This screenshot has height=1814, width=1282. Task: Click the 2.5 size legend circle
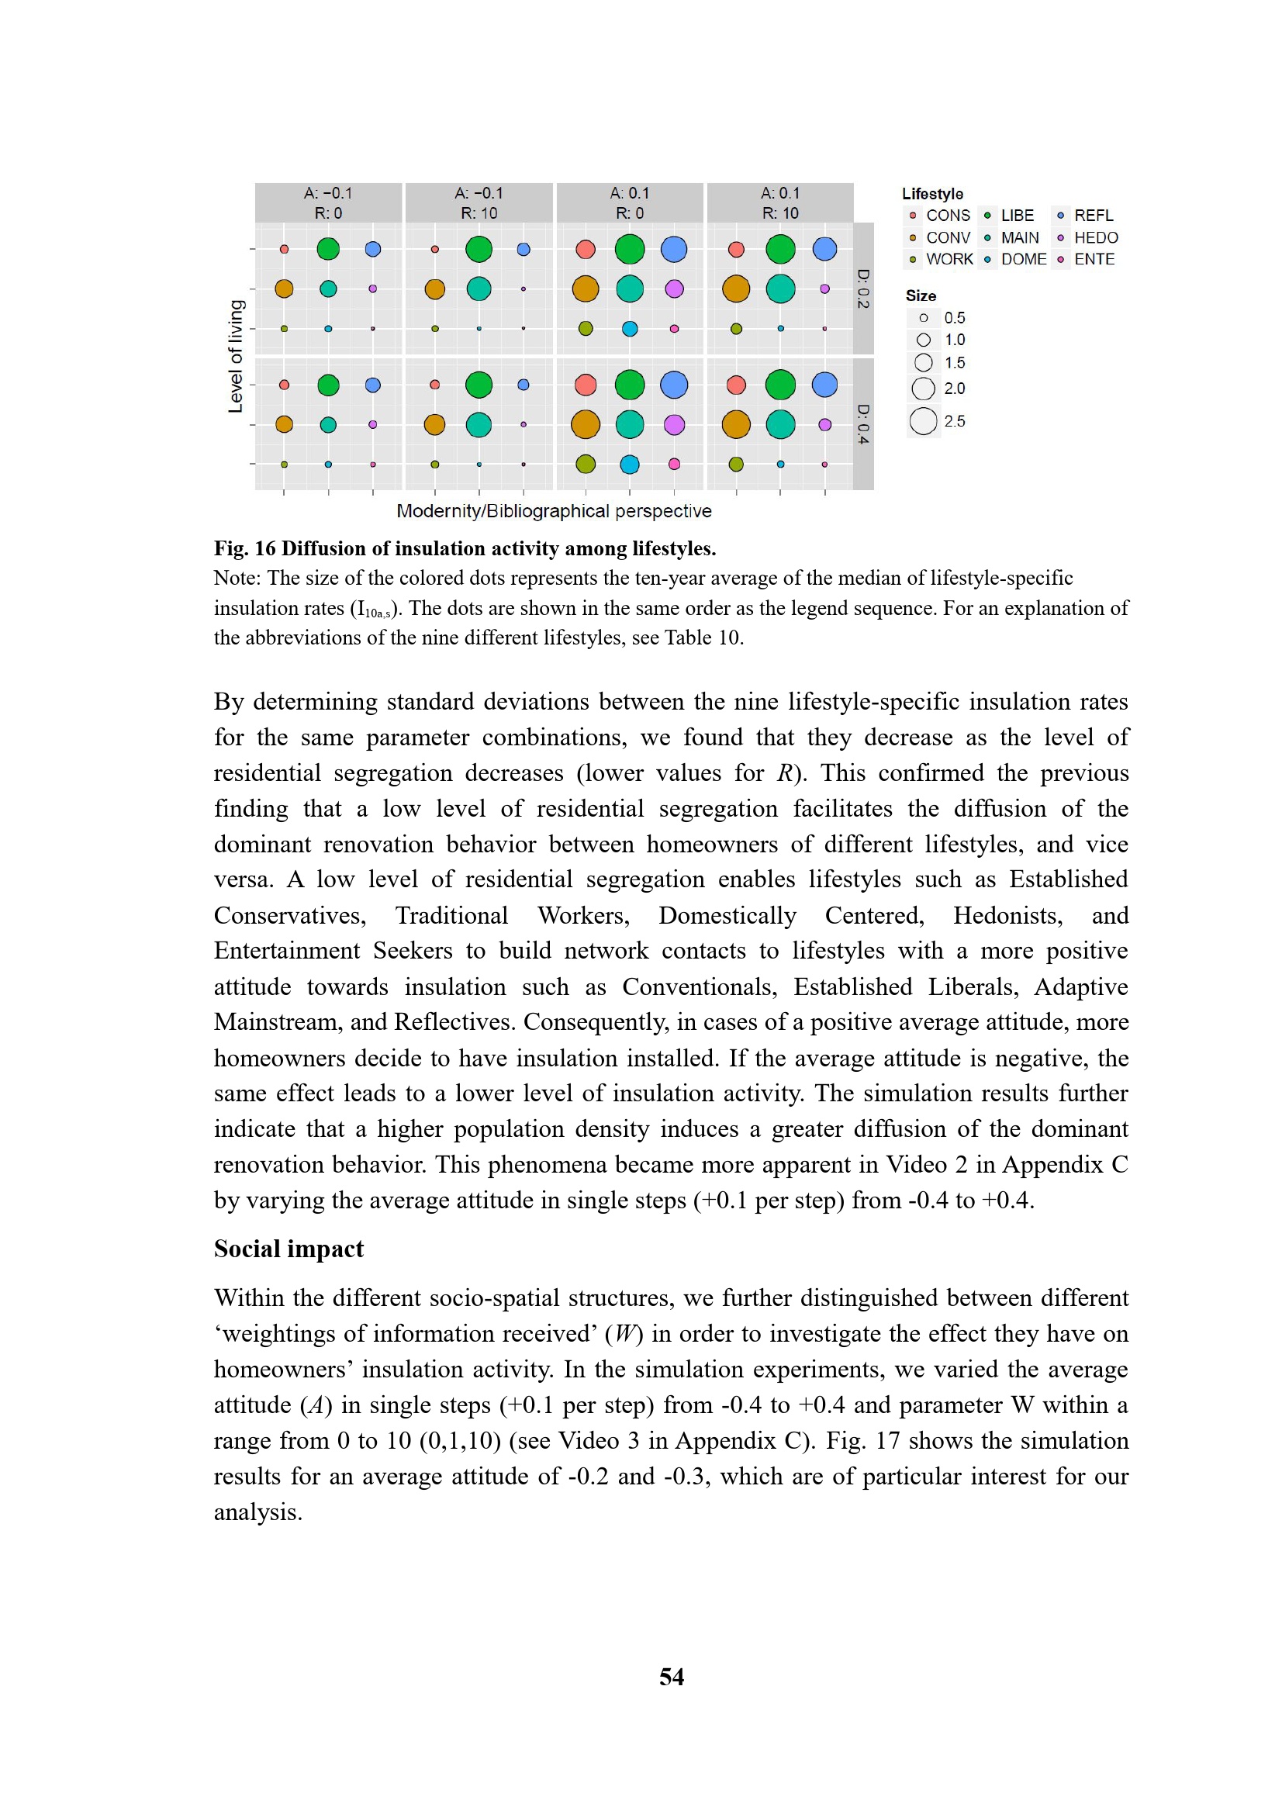click(x=923, y=421)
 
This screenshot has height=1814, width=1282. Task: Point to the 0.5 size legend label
click(x=954, y=318)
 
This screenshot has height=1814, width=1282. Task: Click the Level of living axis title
click(x=236, y=356)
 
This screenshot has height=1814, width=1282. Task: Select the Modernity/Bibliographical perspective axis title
click(x=554, y=511)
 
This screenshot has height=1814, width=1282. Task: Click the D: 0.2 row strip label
click(x=863, y=289)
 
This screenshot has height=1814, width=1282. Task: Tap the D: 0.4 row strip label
click(x=863, y=423)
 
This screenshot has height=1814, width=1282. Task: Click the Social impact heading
click(x=289, y=1249)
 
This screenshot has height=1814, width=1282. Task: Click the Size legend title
click(x=921, y=295)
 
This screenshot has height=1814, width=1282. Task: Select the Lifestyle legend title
click(x=932, y=194)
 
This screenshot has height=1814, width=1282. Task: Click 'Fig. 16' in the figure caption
click(x=245, y=548)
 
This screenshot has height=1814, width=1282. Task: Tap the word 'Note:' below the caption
click(x=237, y=579)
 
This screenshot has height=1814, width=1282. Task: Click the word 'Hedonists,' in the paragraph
click(x=1007, y=915)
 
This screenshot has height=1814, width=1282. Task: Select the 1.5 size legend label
click(x=954, y=363)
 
